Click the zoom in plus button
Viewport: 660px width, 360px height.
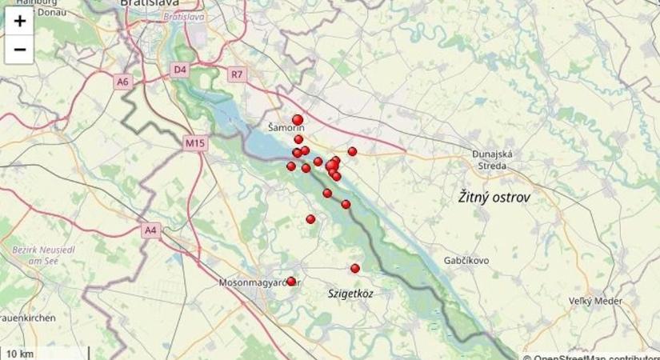pos(19,22)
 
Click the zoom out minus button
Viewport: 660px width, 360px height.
pos(19,50)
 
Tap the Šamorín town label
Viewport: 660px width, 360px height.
pos(286,128)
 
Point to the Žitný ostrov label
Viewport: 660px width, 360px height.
pos(494,196)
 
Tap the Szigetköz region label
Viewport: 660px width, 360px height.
pos(350,294)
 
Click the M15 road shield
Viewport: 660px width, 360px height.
pos(195,143)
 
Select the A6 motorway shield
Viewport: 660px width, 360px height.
pos(122,82)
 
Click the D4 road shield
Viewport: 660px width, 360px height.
pos(180,70)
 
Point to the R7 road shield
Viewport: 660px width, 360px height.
pos(236,75)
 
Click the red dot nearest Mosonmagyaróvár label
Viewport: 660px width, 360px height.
pos(291,282)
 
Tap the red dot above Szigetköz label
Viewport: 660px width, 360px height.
pos(355,268)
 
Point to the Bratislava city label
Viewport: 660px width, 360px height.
pos(150,4)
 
